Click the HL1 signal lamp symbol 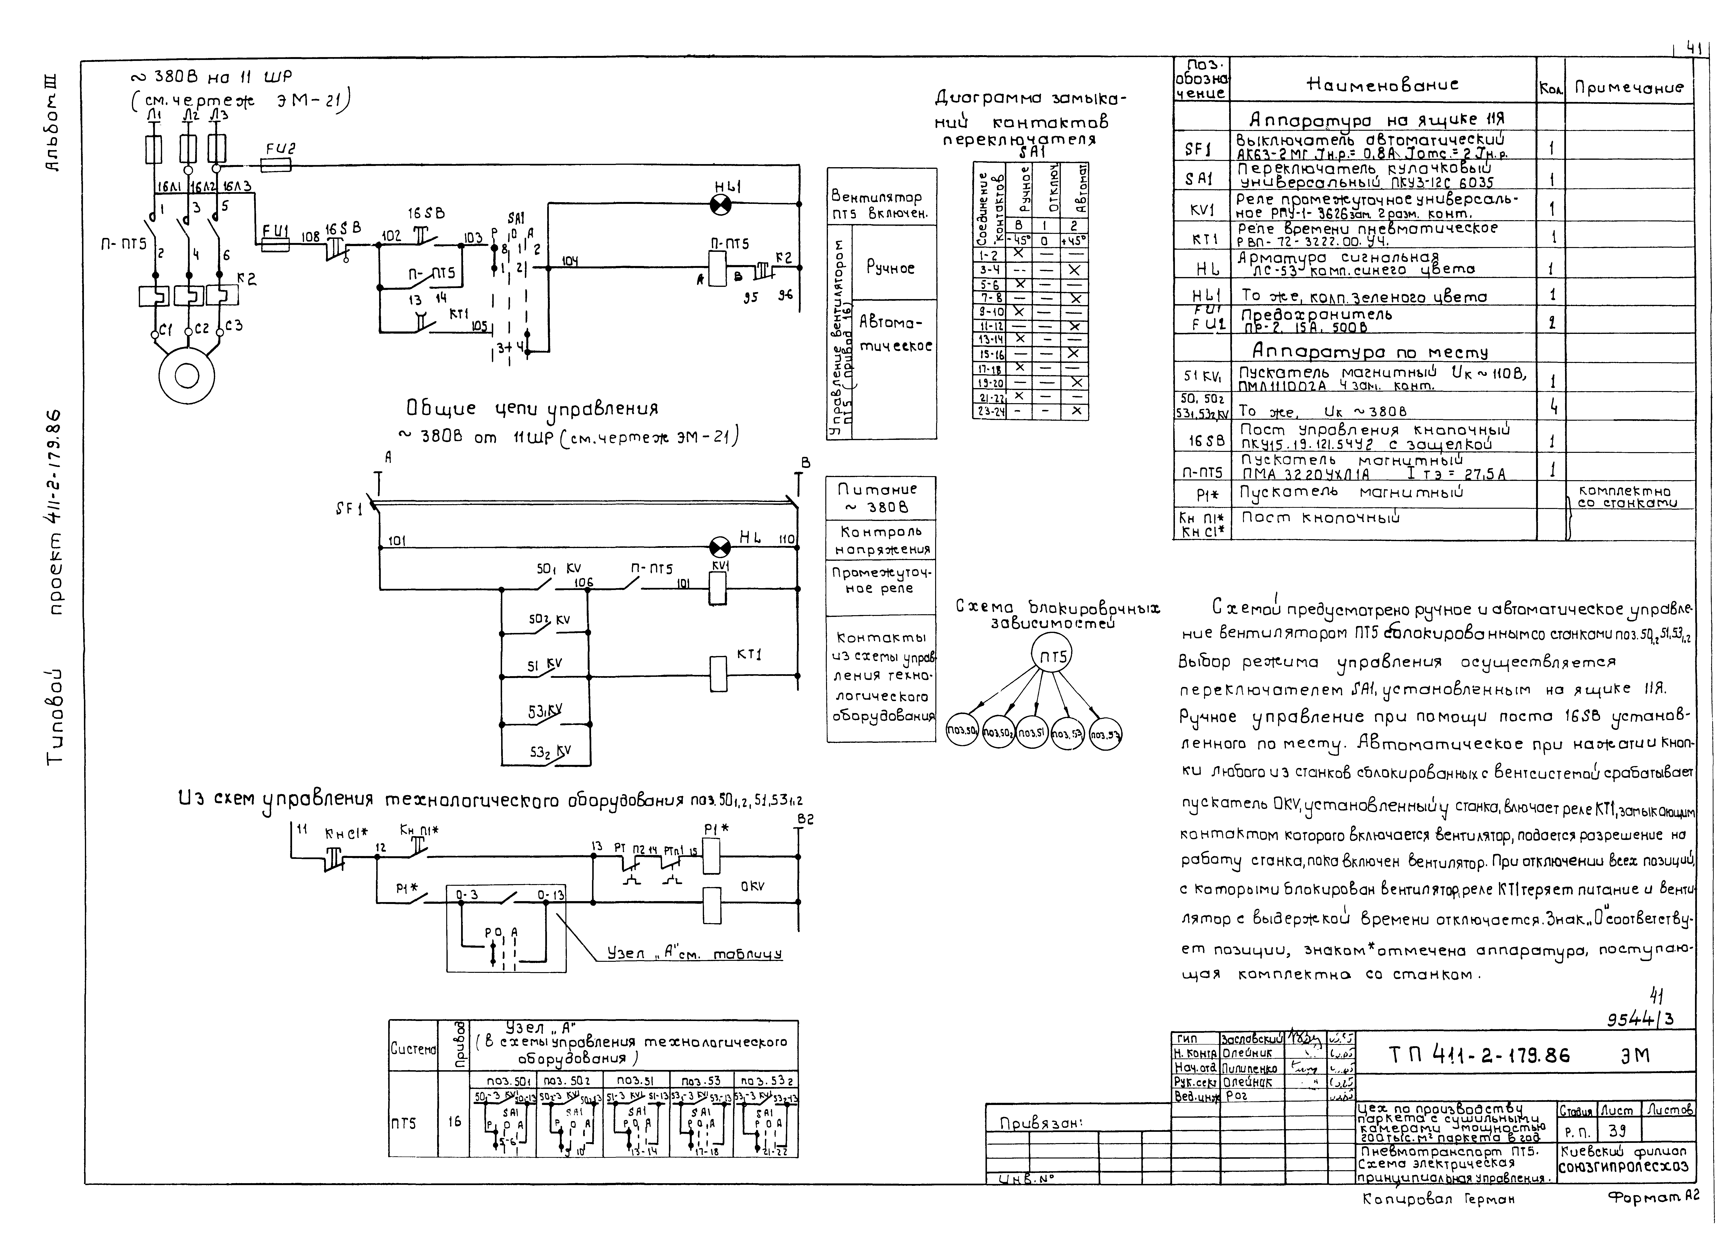tap(720, 204)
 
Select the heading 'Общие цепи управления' tap(532, 408)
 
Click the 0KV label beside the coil tap(752, 887)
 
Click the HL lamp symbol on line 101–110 tap(720, 547)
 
